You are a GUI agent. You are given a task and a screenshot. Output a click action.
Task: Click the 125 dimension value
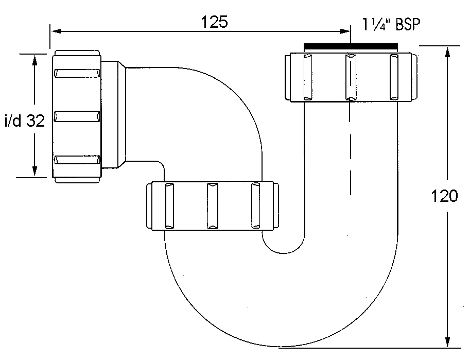click(214, 22)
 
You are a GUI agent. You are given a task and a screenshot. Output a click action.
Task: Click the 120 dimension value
click(444, 196)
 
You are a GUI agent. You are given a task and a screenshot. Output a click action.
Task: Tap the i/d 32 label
click(25, 121)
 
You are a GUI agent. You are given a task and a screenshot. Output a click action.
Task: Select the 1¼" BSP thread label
click(391, 24)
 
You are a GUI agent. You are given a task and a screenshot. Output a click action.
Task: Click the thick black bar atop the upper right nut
click(351, 46)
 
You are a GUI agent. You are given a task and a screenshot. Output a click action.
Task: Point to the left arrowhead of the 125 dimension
click(56, 31)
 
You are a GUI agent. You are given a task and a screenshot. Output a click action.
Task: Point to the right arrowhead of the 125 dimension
click(345, 31)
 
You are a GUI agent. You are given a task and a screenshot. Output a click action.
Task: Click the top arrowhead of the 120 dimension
click(447, 52)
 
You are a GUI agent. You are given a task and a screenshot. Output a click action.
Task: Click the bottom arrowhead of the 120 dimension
click(447, 342)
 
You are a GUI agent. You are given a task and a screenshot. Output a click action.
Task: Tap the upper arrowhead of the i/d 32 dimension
click(34, 60)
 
